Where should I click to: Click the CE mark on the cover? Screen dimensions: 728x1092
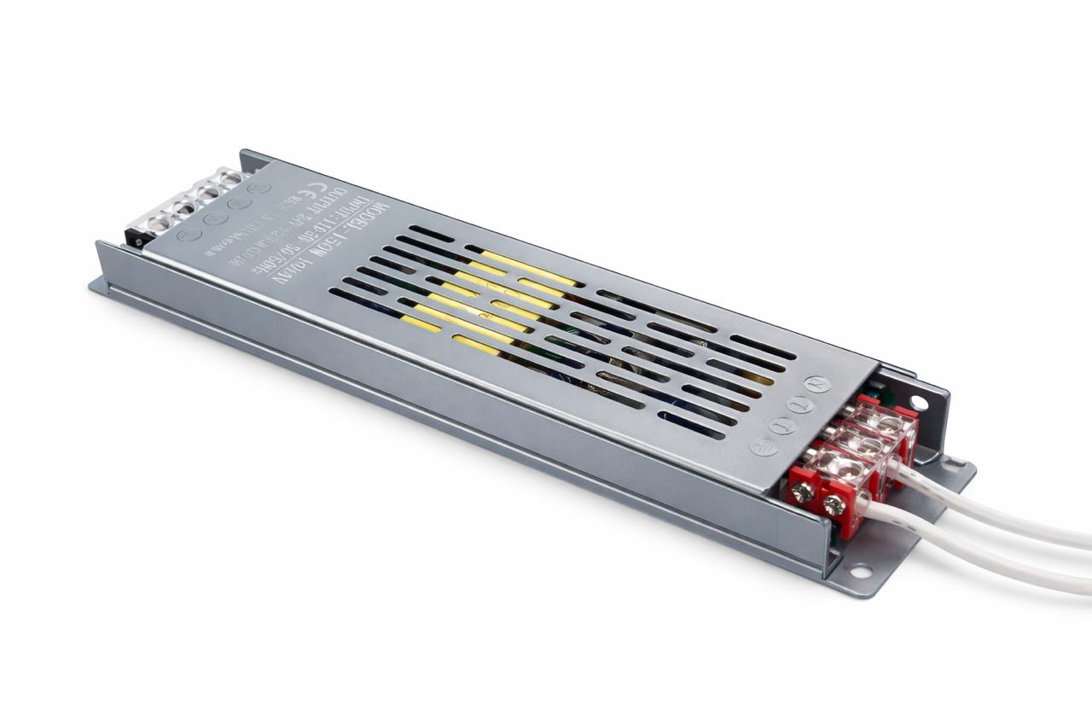[x=338, y=180]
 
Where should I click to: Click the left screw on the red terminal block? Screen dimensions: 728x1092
[x=803, y=492]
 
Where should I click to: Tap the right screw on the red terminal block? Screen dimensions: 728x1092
[x=834, y=505]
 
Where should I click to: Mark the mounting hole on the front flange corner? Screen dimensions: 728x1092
[x=859, y=570]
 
